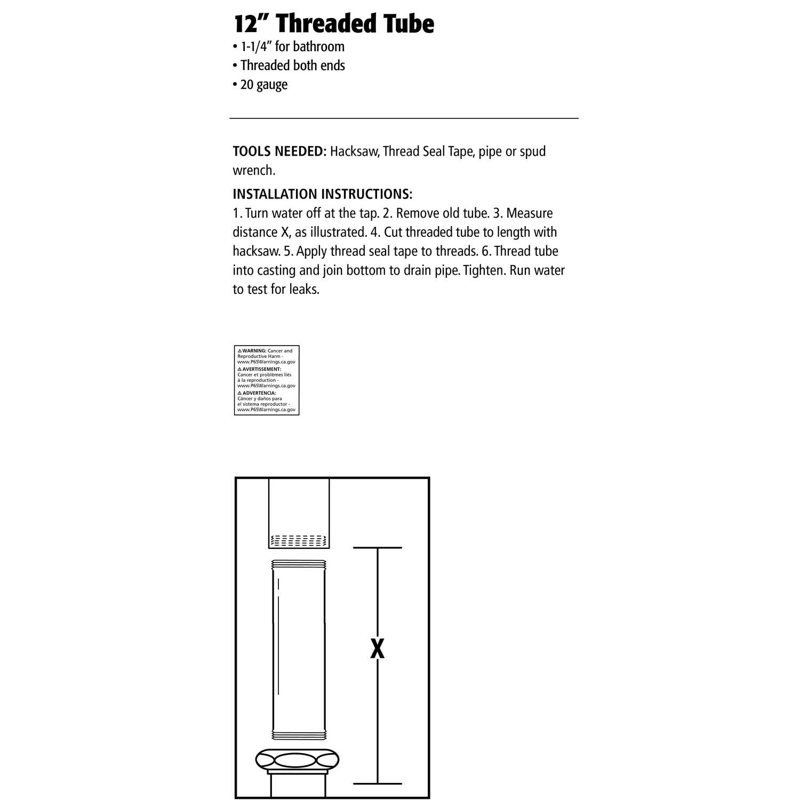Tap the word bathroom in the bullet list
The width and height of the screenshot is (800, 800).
pyautogui.click(x=319, y=47)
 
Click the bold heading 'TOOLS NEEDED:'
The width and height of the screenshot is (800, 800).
pyautogui.click(x=279, y=151)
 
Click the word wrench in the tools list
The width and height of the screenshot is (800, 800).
pyautogui.click(x=254, y=171)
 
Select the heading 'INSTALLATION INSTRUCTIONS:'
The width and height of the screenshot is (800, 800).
pyautogui.click(x=322, y=194)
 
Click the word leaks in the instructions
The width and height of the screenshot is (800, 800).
pyautogui.click(x=305, y=290)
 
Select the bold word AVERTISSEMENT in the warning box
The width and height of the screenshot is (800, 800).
pyautogui.click(x=261, y=369)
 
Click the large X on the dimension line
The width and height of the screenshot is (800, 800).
pyautogui.click(x=377, y=649)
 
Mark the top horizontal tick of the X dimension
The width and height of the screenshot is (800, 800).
pyautogui.click(x=378, y=548)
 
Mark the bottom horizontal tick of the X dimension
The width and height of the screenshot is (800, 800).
pyautogui.click(x=378, y=783)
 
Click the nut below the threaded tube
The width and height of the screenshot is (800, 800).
pyautogui.click(x=298, y=760)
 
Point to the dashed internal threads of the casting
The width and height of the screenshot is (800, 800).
pyautogui.click(x=299, y=540)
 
